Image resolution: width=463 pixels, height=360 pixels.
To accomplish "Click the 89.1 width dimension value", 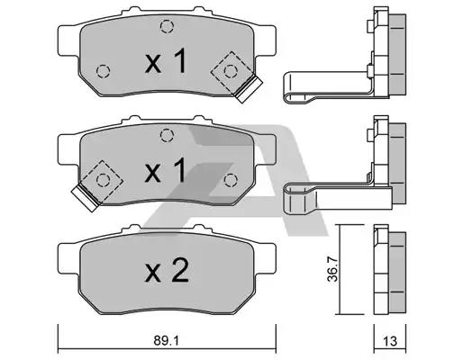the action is point(167,340).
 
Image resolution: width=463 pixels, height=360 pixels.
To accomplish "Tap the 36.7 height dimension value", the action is point(332,269).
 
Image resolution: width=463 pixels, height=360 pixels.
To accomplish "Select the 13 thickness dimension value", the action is point(390,341).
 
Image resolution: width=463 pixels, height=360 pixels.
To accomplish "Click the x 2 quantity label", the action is point(167,271).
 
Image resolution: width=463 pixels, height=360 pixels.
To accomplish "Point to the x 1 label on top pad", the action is point(166,61).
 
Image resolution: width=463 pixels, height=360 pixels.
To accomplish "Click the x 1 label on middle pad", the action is point(166,170).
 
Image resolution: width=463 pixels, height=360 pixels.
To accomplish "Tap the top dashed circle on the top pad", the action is point(167,26).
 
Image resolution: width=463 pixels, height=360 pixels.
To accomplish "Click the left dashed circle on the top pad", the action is point(103,71).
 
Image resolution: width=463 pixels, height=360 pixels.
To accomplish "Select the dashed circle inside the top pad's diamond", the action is point(231,71).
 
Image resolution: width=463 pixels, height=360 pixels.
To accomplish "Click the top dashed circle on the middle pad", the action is point(167,135).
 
